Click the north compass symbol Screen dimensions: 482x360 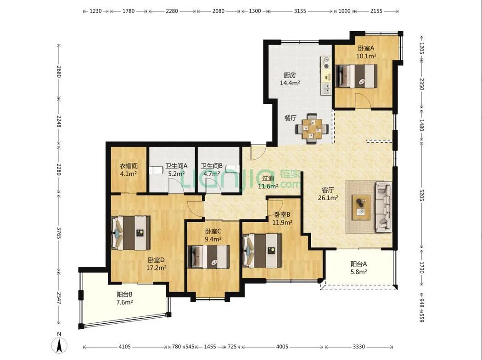(59, 344)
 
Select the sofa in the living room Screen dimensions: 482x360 (383, 207)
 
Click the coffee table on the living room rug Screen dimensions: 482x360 (361, 207)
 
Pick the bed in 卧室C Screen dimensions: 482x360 (209, 257)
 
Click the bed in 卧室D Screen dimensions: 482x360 (131, 233)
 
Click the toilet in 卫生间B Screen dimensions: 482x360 (233, 169)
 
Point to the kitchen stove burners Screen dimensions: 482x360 (326, 62)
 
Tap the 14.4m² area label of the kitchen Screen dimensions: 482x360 (290, 83)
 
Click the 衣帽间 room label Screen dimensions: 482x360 (128, 166)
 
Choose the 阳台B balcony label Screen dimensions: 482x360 (124, 294)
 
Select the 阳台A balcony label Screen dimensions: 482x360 (359, 264)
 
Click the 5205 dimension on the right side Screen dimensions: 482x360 (421, 194)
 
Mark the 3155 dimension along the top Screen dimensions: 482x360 (300, 11)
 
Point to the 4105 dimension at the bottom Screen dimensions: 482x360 (124, 347)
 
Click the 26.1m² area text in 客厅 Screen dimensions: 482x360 (328, 198)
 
